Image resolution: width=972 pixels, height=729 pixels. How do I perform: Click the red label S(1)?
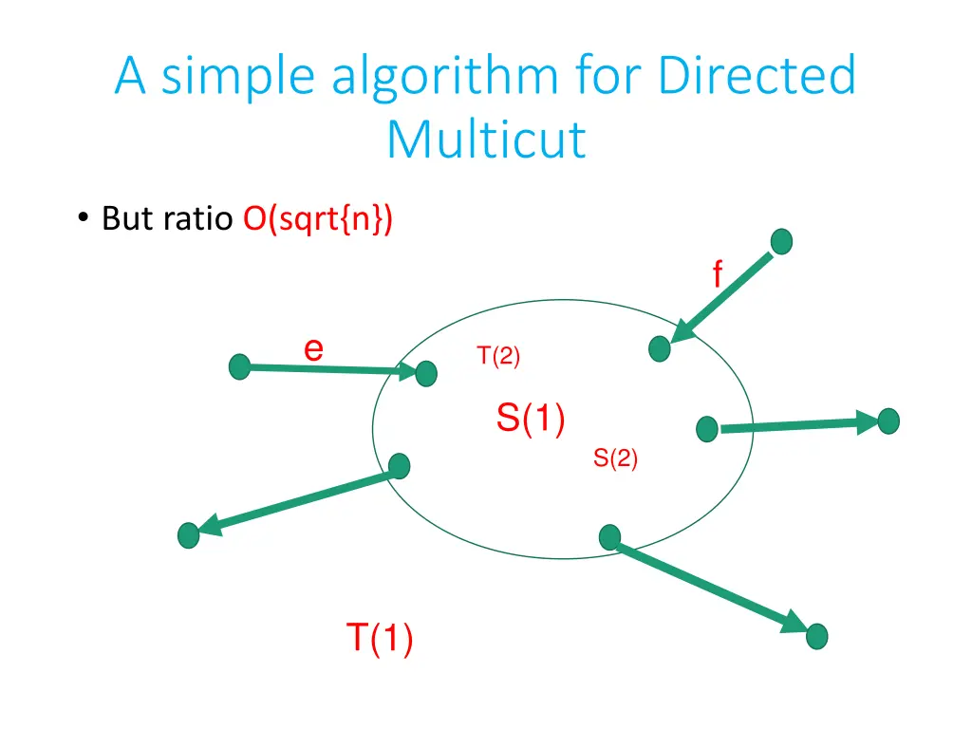coord(531,418)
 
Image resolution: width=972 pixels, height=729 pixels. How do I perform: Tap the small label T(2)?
coord(498,356)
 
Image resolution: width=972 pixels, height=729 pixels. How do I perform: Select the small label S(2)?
coord(615,458)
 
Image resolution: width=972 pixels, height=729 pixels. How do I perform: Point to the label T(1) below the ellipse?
coord(379,637)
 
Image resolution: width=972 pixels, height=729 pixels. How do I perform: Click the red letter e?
coord(313,349)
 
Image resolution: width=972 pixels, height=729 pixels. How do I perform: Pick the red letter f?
coord(717,275)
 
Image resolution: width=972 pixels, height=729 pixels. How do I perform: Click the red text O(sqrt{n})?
coord(318,219)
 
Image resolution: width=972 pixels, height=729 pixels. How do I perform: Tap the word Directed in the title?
coord(757,75)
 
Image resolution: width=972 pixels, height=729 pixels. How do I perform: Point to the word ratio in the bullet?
coord(197,219)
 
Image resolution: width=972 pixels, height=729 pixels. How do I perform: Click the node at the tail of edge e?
coord(240,366)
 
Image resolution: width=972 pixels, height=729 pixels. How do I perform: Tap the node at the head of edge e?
coord(426,374)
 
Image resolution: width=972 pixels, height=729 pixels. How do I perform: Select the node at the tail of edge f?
coord(780,242)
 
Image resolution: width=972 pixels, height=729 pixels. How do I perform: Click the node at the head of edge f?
coord(660,349)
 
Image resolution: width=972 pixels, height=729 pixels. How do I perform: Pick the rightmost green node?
coord(888,421)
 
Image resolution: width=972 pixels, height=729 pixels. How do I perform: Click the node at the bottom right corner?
coord(816,636)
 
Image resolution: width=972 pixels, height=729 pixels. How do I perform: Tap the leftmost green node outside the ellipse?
coord(189,535)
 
